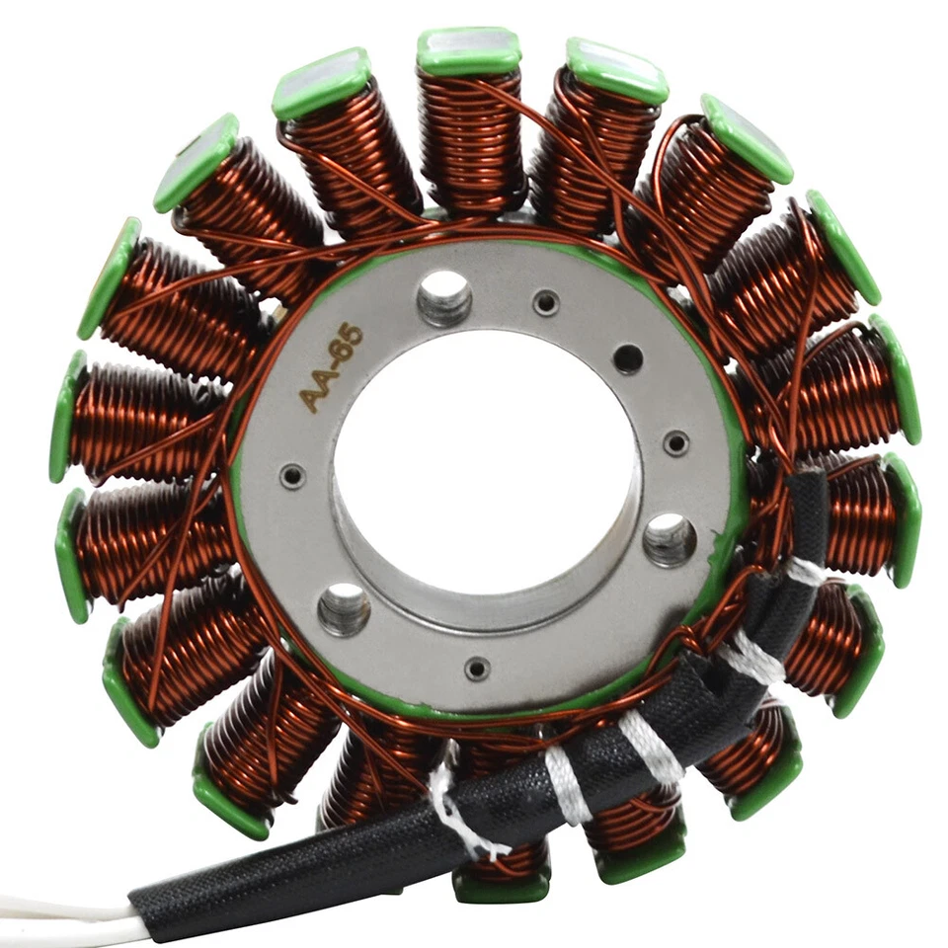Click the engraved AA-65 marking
pos(332,368)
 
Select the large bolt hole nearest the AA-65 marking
pos(444,297)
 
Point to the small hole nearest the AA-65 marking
pos(292,477)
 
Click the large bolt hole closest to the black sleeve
pos(670,539)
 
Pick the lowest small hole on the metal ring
pos(477,669)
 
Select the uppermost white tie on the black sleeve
pos(806,571)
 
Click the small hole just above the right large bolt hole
pos(676,443)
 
